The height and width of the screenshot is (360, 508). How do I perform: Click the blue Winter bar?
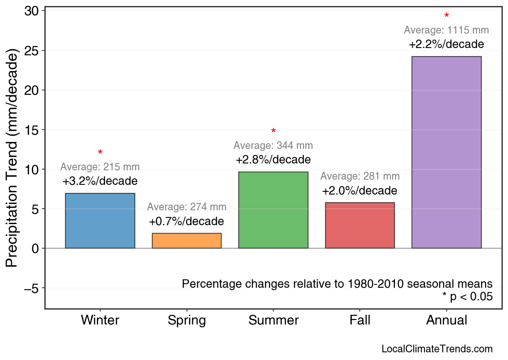click(100, 221)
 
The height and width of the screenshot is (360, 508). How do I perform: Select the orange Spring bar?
click(187, 241)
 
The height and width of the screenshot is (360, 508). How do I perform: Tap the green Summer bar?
click(273, 210)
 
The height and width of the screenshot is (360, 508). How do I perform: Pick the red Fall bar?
click(360, 225)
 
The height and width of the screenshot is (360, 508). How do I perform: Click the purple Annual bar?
click(446, 152)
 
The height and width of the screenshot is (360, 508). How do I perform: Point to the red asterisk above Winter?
click(100, 153)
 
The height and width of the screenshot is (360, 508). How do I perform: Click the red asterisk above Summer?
click(273, 131)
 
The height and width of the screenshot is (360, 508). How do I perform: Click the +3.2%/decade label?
click(100, 181)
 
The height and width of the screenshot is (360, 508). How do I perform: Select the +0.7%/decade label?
click(187, 222)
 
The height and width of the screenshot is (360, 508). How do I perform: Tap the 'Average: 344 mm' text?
click(273, 145)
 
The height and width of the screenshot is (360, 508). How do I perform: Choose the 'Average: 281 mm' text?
click(360, 176)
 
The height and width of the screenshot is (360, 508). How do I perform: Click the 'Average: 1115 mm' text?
click(446, 30)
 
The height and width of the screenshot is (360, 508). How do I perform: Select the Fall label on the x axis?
click(360, 320)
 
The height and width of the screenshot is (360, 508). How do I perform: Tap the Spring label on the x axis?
click(187, 320)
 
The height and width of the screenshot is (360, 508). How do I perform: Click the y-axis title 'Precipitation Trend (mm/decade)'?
click(13, 158)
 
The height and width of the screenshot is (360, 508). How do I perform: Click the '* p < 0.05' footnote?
click(467, 297)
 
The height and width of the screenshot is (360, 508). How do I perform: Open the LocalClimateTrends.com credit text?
click(437, 349)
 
